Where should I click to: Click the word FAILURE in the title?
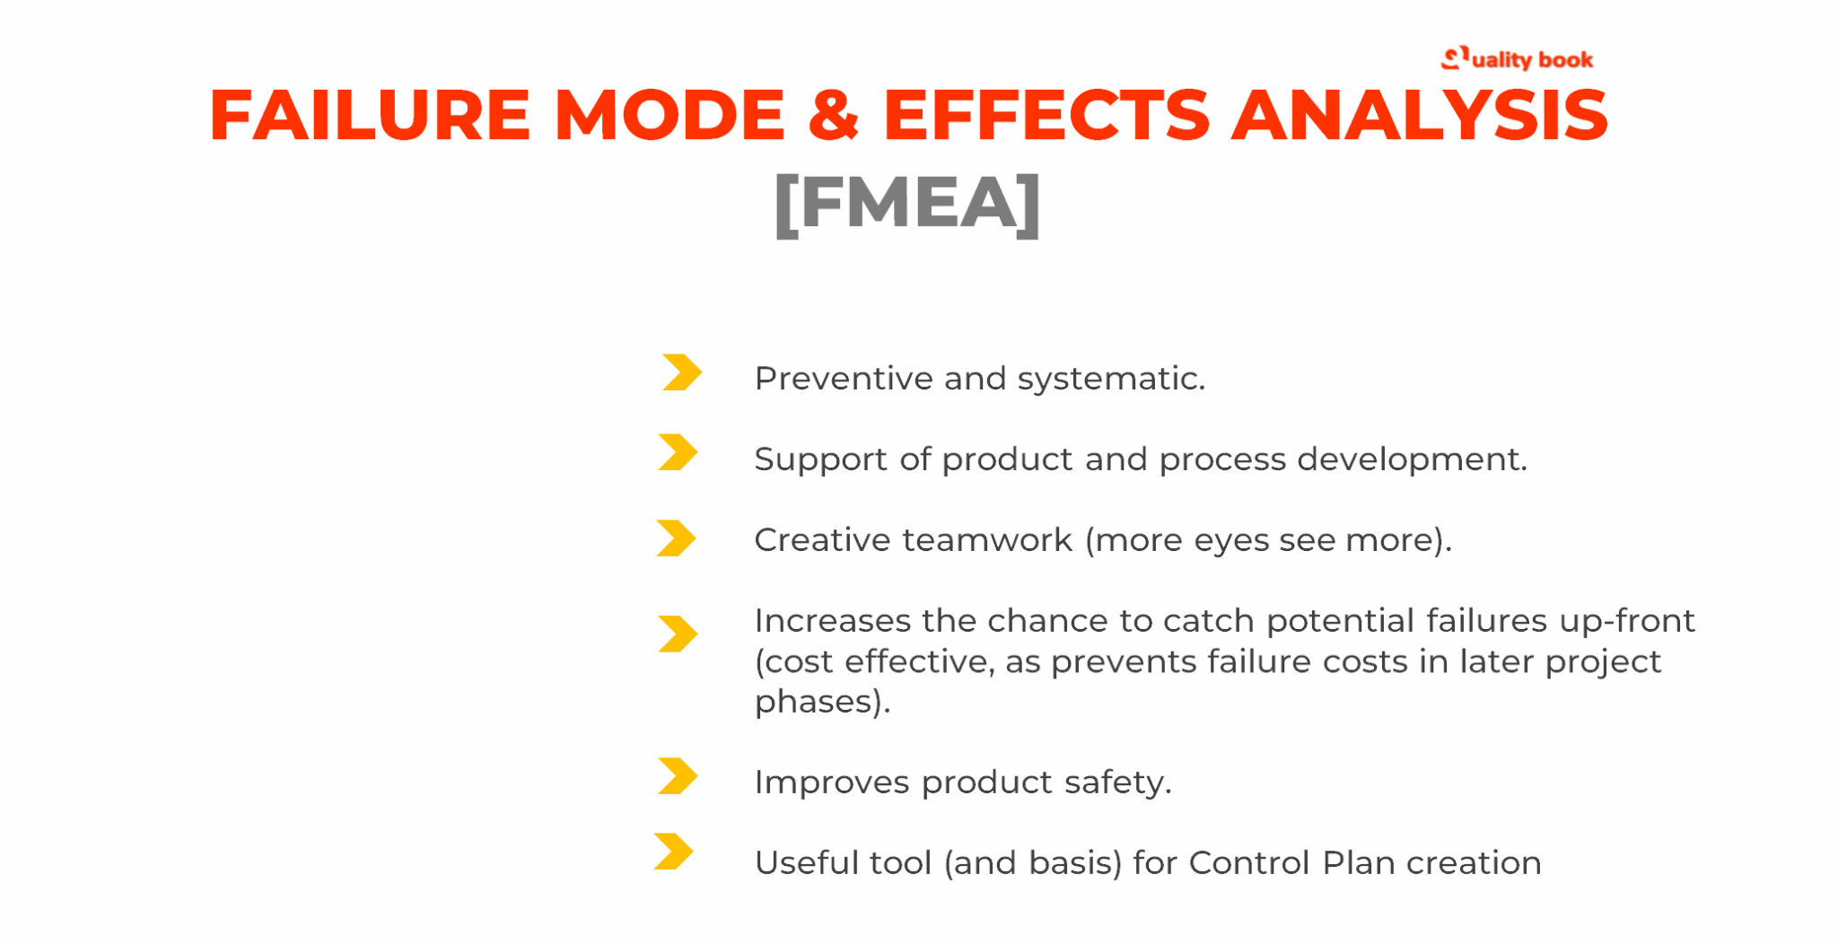369,116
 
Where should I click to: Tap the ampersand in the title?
833,117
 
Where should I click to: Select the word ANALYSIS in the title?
1419,116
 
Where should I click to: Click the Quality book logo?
1517,59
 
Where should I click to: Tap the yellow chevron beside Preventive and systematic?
681,372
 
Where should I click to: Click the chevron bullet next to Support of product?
678,452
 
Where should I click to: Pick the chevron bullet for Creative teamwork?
676,538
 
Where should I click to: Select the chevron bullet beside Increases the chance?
678,634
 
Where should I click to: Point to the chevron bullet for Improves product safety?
678,776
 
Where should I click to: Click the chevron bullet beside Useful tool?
674,852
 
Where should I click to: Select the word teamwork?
987,540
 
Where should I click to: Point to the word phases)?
822,702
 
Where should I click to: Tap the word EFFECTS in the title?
1046,116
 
